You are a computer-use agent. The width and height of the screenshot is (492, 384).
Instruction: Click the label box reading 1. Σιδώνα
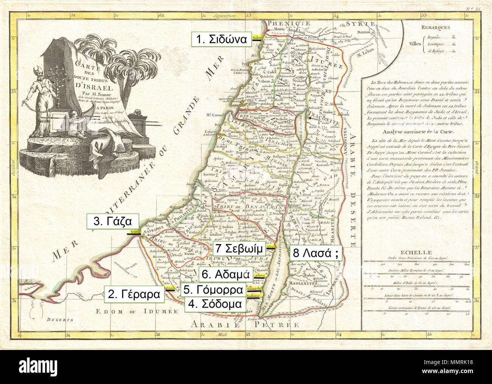click(x=221, y=39)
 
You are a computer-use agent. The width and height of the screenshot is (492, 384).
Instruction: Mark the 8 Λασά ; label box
click(x=316, y=253)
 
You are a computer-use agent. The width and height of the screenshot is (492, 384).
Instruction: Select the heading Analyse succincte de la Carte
click(x=414, y=132)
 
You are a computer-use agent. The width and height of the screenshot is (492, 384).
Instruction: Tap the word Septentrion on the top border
click(x=224, y=16)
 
